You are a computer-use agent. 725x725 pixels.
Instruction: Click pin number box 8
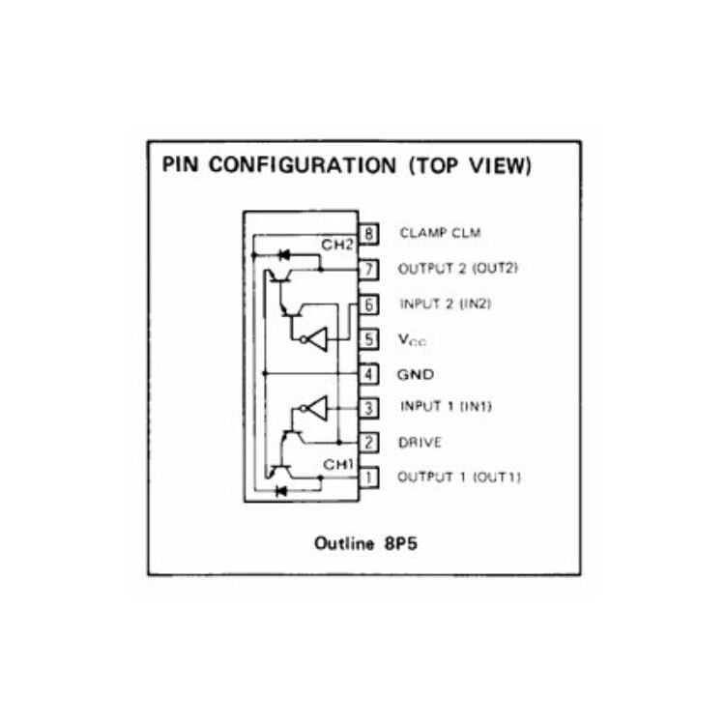(368, 233)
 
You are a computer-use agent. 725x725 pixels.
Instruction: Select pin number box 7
(368, 269)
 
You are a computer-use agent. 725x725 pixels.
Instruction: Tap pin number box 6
(368, 304)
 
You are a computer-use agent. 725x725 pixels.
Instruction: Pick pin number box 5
(368, 339)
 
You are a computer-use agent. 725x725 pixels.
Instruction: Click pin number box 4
(368, 373)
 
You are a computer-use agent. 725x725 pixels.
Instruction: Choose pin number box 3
(368, 407)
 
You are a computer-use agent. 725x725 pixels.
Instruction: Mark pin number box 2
(368, 443)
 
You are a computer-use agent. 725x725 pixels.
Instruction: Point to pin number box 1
(368, 477)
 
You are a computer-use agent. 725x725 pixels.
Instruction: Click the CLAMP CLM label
(439, 233)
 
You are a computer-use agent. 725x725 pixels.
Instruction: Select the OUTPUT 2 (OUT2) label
(458, 269)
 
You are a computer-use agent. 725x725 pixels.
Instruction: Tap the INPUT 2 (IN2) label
(445, 304)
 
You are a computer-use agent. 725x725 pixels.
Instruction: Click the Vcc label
(412, 340)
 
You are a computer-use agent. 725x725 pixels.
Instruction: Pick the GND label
(416, 374)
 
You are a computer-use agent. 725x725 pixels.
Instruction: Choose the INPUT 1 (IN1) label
(445, 407)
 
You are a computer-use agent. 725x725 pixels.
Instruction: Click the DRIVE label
(420, 443)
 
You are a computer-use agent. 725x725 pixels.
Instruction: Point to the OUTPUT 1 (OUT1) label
(458, 477)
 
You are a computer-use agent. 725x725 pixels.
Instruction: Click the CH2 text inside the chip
(338, 245)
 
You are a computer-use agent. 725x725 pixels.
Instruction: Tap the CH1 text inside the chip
(338, 465)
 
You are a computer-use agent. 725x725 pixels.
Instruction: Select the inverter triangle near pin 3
(315, 408)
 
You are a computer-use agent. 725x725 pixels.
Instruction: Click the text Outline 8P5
(365, 543)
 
